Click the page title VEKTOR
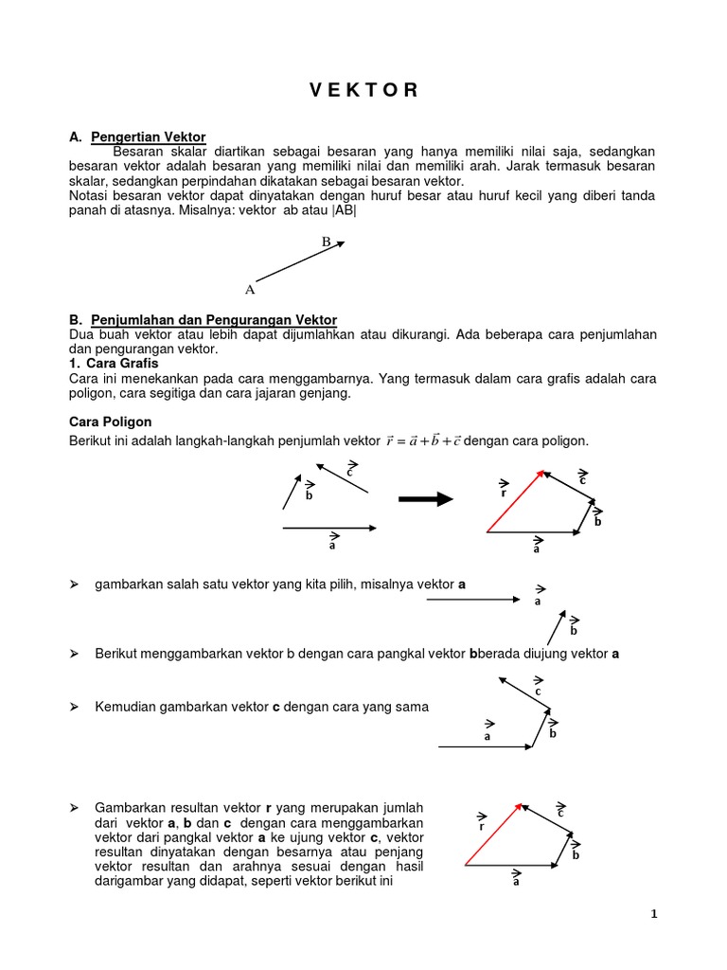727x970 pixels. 363,91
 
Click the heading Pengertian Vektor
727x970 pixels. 148,138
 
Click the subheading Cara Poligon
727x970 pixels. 111,422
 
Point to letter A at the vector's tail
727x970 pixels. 250,289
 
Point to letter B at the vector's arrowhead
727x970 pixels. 326,242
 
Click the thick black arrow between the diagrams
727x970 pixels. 426,500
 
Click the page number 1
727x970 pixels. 652,914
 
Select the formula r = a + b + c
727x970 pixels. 422,441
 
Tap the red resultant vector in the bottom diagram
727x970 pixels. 492,835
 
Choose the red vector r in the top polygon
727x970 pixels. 516,501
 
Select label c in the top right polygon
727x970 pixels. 583,479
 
